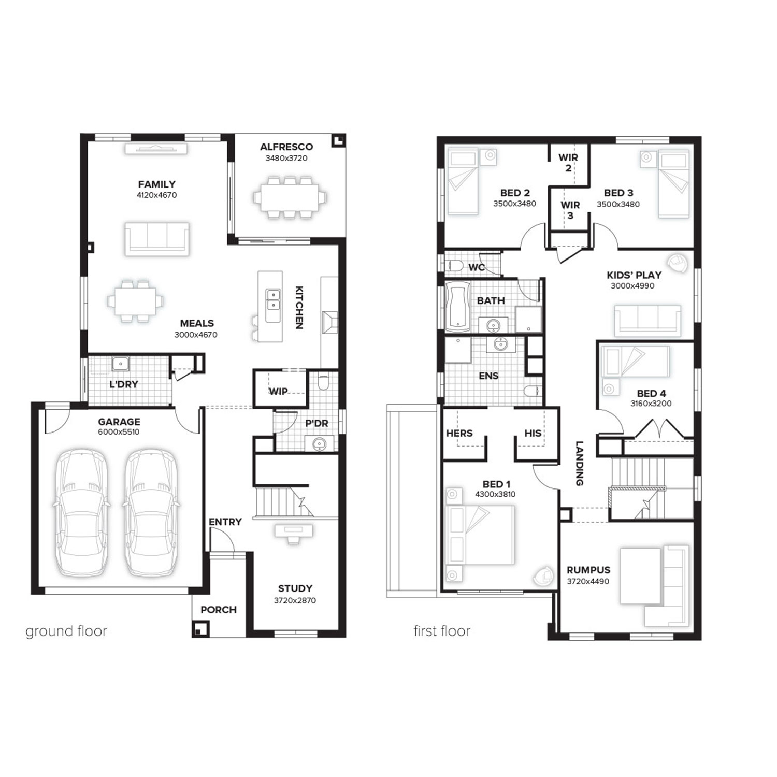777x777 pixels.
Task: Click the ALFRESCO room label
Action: (286, 147)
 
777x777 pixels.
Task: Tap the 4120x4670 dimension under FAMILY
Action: (156, 195)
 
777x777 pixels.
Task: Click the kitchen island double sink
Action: (273, 298)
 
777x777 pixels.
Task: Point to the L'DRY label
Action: (124, 384)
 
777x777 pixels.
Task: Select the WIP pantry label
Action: (278, 392)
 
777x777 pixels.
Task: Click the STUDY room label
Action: (295, 588)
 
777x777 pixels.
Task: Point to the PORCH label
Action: (219, 610)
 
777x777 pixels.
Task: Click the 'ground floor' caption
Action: (66, 631)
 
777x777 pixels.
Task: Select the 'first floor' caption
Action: (442, 631)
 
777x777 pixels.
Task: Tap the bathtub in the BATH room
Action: (458, 307)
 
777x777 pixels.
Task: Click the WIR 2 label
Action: (568, 162)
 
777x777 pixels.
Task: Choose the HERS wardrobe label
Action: (459, 433)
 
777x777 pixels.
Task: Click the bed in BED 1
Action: (481, 535)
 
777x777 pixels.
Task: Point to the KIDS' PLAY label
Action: (634, 275)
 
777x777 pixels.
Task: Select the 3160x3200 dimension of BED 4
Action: (651, 404)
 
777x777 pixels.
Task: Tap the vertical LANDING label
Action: (580, 463)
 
